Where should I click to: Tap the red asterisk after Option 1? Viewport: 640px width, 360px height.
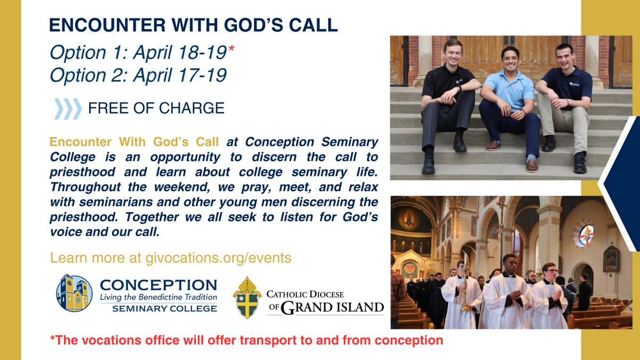pyautogui.click(x=231, y=47)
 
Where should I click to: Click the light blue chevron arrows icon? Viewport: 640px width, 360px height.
pyautogui.click(x=68, y=108)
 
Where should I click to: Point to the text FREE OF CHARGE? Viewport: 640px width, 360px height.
pyautogui.click(x=156, y=108)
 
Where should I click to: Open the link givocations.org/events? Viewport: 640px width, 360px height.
pyautogui.click(x=218, y=258)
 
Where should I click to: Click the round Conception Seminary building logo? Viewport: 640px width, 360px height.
pyautogui.click(x=74, y=293)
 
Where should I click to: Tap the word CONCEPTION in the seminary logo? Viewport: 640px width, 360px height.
pyautogui.click(x=158, y=285)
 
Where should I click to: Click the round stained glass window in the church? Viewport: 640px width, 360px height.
pyautogui.click(x=586, y=235)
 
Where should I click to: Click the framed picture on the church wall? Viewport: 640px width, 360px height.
pyautogui.click(x=611, y=259)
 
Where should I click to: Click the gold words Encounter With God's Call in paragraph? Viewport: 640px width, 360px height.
pyautogui.click(x=135, y=143)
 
